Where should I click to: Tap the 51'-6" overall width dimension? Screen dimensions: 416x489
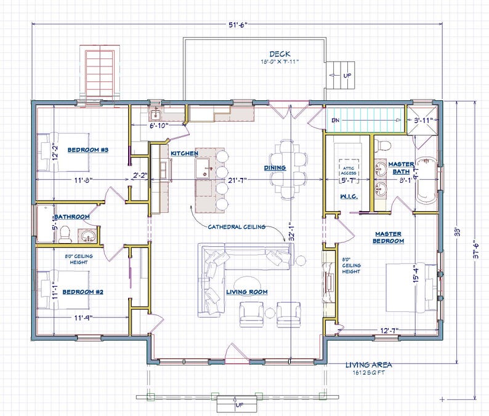pyautogui.click(x=236, y=24)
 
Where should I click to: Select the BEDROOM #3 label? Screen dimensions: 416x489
pyautogui.click(x=88, y=150)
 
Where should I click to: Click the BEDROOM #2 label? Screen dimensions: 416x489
pyautogui.click(x=86, y=291)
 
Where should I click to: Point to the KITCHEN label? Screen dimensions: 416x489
pyautogui.click(x=184, y=152)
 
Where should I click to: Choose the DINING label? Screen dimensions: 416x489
pyautogui.click(x=275, y=167)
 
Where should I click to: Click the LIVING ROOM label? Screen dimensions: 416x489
pyautogui.click(x=246, y=292)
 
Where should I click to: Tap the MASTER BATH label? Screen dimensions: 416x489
pyautogui.click(x=401, y=168)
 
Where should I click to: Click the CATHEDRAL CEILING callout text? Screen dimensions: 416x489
pyautogui.click(x=236, y=226)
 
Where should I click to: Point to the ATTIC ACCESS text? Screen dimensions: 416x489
pyautogui.click(x=349, y=169)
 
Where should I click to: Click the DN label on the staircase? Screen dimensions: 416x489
pyautogui.click(x=336, y=120)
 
